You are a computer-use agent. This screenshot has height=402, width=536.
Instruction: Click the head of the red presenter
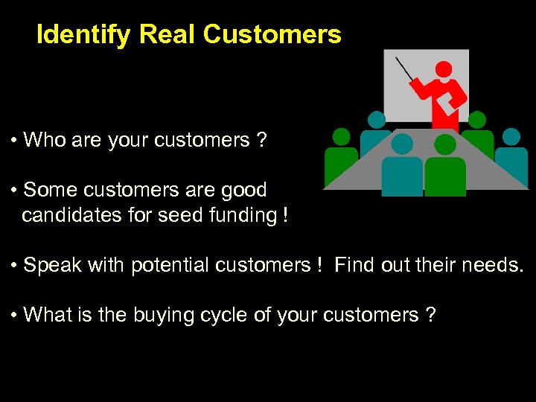[444, 69]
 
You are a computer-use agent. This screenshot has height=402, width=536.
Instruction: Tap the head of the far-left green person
[341, 136]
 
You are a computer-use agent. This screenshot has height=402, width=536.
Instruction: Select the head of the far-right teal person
[511, 136]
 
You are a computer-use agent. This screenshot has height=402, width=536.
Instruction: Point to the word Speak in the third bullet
[49, 265]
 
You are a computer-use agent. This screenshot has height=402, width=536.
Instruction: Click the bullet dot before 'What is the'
[15, 316]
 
